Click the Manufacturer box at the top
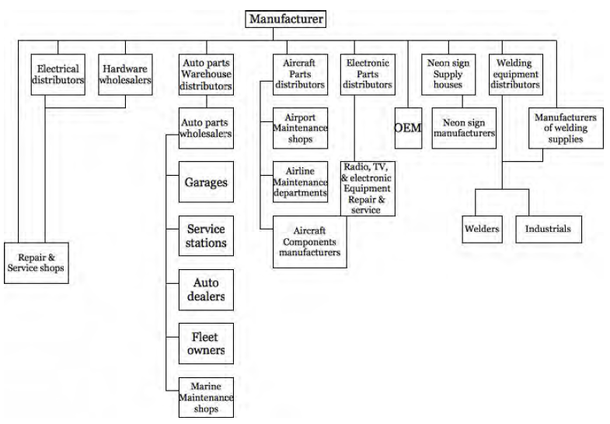(285, 19)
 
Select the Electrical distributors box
(58, 75)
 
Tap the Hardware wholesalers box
(125, 75)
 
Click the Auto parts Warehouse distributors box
(206, 75)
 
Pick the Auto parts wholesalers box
(206, 128)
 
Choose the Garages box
(206, 182)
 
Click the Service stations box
(206, 236)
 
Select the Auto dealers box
(206, 289)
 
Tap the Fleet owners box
(206, 343)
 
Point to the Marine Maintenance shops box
(206, 398)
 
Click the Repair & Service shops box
(37, 263)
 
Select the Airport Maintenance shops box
(300, 128)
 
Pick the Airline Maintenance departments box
(300, 182)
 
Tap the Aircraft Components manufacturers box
(310, 242)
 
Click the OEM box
(408, 128)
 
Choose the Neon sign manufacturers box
(464, 128)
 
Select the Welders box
(483, 230)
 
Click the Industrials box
(549, 230)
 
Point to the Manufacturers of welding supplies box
(566, 128)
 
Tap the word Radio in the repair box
(356, 167)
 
